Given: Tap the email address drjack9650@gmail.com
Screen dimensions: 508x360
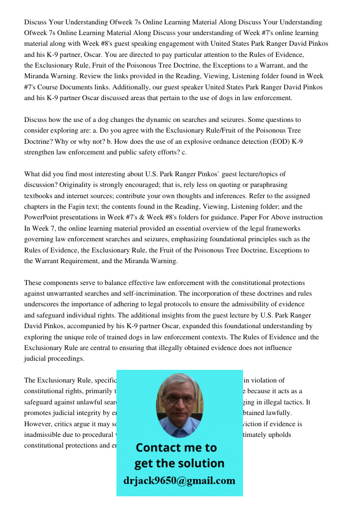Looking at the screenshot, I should point(179,481).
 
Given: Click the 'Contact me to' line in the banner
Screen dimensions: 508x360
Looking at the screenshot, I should point(176,448).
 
